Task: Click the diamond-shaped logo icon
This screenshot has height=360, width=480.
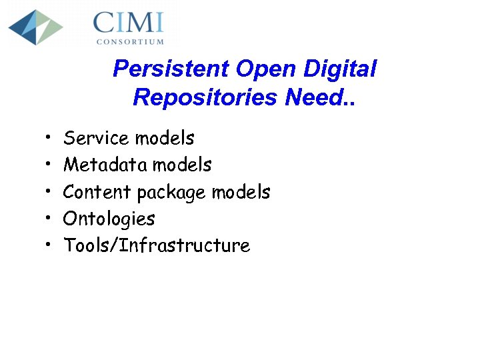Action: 35,27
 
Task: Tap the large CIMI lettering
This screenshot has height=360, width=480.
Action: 128,23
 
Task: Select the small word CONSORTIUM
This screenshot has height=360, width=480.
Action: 130,41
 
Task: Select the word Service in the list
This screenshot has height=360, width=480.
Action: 96,139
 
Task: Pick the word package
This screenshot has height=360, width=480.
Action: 171,193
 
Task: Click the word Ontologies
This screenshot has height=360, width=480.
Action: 109,219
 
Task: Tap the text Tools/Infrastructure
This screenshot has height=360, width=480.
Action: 157,246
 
